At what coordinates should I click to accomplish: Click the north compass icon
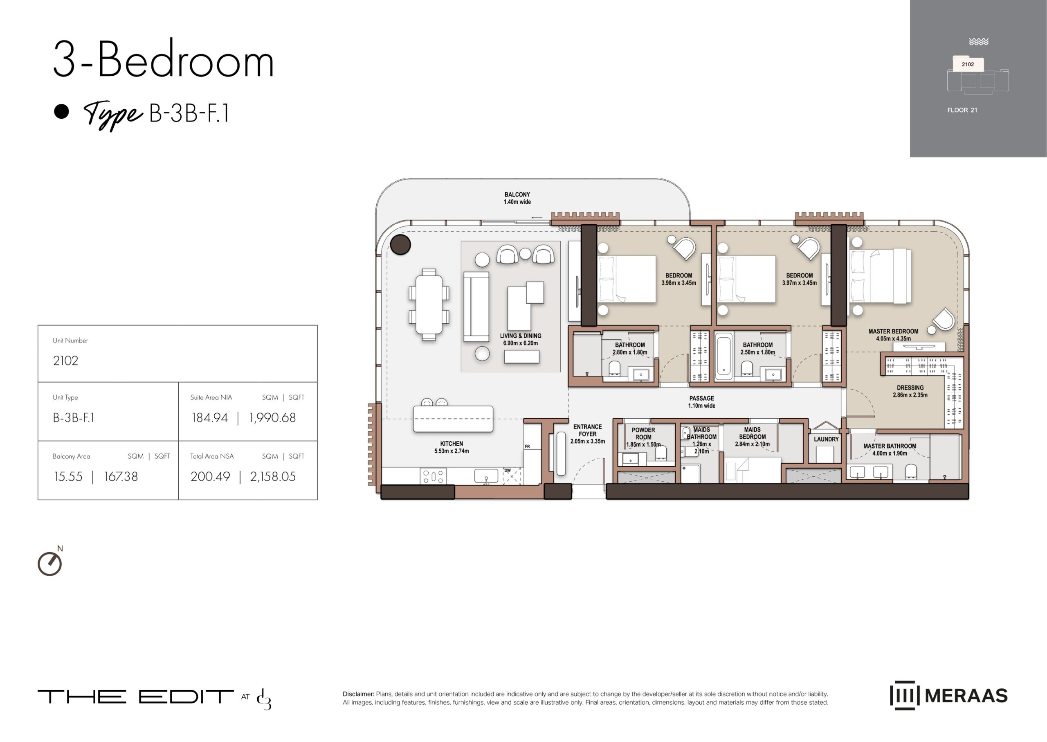click(x=50, y=563)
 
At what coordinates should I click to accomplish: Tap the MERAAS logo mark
click(x=904, y=695)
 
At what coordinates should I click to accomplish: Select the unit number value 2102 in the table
click(x=65, y=361)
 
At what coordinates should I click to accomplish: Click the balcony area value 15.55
click(x=68, y=476)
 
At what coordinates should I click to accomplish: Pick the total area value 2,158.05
click(x=273, y=476)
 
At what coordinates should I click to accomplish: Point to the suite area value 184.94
click(x=209, y=417)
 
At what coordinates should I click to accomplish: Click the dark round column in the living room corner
click(x=400, y=244)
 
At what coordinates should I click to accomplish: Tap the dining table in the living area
click(x=429, y=305)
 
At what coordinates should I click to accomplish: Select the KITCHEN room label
click(x=452, y=444)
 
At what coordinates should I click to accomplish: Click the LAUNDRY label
click(x=826, y=439)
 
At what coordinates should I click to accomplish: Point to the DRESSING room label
click(x=910, y=388)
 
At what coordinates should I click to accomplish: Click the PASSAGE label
click(x=702, y=398)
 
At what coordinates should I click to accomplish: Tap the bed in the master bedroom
click(x=880, y=276)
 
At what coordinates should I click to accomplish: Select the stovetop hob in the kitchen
click(x=433, y=476)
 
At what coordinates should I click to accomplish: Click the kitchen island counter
click(x=453, y=419)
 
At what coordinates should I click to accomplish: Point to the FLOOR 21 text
click(x=962, y=110)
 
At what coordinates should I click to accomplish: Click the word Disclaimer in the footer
click(x=358, y=694)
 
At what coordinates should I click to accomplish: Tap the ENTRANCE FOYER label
click(x=588, y=431)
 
